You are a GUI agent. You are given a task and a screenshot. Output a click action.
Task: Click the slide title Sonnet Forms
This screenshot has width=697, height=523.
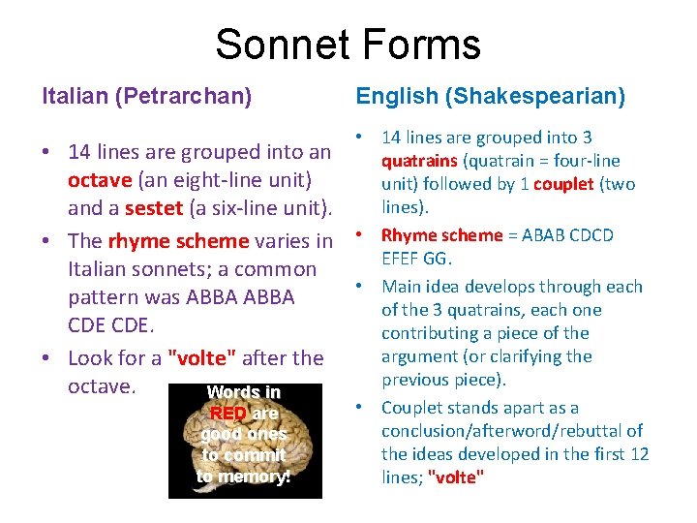point(348,45)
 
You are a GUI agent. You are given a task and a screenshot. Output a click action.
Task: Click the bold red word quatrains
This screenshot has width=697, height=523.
point(420,161)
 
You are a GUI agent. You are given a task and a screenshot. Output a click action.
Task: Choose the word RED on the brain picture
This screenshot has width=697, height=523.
point(228,414)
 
